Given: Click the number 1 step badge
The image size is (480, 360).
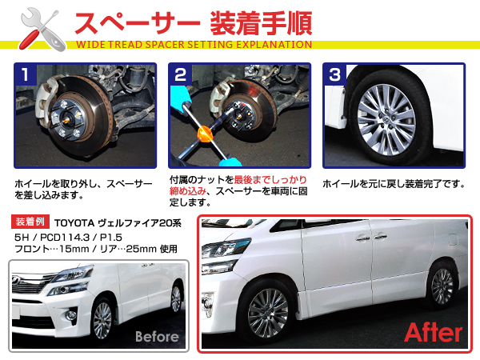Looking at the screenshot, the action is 26,74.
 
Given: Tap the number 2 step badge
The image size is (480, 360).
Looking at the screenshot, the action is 180,74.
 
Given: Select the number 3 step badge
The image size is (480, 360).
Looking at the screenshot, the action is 335,74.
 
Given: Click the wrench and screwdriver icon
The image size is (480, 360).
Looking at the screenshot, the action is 42,30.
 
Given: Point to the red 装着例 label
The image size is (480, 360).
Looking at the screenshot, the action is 30,222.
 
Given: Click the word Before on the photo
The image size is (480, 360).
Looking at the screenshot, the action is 157,337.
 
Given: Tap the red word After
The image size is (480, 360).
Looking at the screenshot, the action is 433,333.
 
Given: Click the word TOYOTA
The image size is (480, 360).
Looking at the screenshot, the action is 74,223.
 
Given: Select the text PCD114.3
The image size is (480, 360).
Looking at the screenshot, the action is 65,238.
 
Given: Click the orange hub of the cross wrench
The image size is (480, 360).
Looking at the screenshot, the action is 204,134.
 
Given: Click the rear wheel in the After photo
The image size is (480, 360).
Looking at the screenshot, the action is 442,286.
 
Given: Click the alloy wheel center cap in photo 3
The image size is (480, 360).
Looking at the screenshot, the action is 386,120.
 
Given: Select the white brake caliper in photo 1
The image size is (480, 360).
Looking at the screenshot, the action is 46,101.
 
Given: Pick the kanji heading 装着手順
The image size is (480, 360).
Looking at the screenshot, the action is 261,23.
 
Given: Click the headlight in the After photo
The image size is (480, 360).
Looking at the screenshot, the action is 225,249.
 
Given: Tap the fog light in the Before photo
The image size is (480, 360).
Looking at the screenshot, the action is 71,314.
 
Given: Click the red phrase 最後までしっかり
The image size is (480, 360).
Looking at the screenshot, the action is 270,180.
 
